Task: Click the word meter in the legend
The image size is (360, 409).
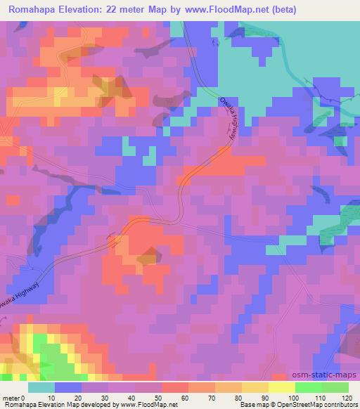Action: coord(12,398)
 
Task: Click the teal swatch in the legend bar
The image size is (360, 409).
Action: coord(42,387)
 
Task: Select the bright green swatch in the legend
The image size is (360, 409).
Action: coord(308,387)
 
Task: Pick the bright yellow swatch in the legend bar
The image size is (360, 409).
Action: coord(281,387)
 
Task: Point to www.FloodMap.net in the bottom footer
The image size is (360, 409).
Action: coord(149,405)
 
